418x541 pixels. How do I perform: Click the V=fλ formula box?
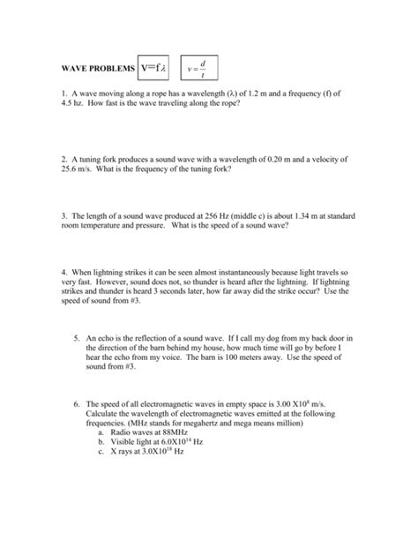click(157, 67)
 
